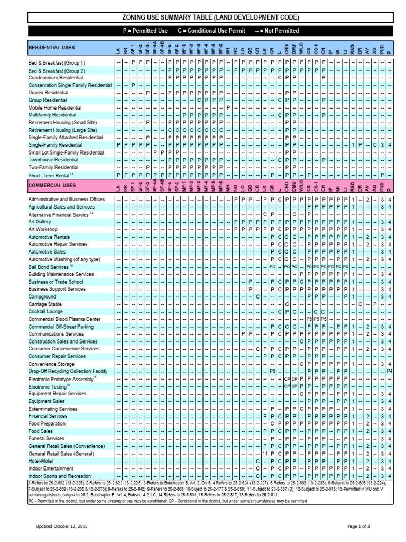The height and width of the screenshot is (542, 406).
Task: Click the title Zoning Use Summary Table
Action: pos(210,17)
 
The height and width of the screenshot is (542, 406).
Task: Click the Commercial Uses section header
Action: pos(52,186)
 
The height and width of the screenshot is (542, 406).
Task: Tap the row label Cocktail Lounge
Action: pos(45,312)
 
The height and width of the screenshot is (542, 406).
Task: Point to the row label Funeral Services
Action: pos(47,439)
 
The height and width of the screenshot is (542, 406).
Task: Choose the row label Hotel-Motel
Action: pos(40,461)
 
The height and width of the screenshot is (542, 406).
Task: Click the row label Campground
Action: pos(42,297)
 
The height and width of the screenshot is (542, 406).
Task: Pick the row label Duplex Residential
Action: pos(48,93)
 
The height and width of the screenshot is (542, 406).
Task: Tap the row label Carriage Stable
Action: pos(45,304)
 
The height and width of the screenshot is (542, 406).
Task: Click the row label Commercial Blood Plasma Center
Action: pos(64,319)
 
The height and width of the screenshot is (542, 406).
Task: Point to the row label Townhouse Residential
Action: pos(53,159)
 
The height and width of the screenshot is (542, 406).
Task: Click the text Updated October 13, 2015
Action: pos(61,526)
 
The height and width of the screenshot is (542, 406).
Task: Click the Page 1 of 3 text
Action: pos(358,526)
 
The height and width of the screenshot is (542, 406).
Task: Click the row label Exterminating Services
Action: pos(53,409)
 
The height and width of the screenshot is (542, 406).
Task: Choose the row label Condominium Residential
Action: pos(56,77)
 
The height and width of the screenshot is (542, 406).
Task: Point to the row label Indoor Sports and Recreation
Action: pos(60,476)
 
